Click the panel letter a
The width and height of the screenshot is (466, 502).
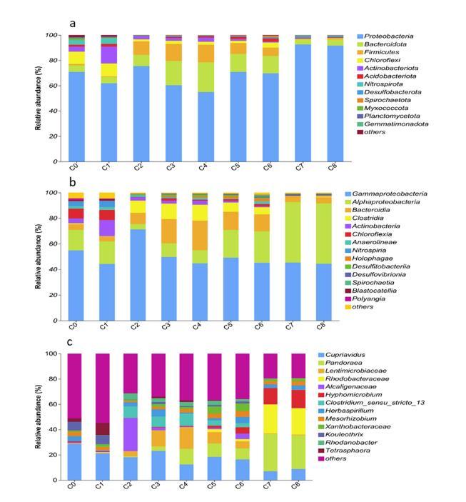point(73,24)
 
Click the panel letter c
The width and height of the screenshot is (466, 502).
point(72,342)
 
